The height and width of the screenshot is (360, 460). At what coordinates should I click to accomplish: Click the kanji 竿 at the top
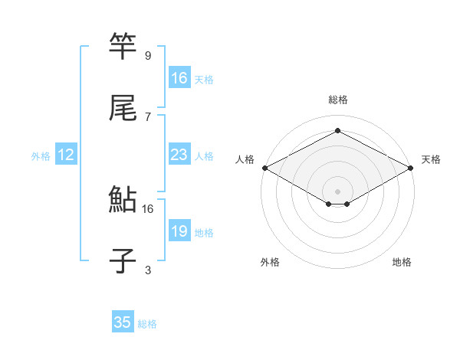[x=123, y=47]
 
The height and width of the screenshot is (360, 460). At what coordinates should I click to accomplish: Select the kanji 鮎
[x=123, y=200]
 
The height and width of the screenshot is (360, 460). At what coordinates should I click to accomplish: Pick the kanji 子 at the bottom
[x=123, y=261]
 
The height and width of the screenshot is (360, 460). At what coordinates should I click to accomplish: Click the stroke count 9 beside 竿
[x=148, y=55]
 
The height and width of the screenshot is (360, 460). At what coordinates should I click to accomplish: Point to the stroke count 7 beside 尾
[x=148, y=116]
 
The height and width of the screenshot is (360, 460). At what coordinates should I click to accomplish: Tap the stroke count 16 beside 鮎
[x=148, y=208]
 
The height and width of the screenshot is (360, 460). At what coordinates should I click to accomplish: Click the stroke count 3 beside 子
[x=148, y=270]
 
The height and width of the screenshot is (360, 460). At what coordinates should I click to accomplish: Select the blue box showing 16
[x=179, y=78]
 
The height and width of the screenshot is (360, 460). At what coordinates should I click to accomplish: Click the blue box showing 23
[x=179, y=155]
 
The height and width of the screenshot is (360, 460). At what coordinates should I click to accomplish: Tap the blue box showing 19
[x=179, y=231]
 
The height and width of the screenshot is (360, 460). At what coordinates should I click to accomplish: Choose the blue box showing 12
[x=66, y=155]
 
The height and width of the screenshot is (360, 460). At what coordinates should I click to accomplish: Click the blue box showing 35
[x=123, y=322]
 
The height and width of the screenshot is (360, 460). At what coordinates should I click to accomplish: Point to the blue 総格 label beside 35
[x=147, y=324]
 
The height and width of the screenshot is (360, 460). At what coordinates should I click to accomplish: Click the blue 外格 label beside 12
[x=41, y=156]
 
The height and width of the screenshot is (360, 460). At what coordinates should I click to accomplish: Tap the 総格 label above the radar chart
[x=337, y=100]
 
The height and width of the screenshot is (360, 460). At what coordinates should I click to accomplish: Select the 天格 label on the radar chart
[x=431, y=159]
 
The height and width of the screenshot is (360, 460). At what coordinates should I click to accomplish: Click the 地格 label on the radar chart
[x=402, y=262]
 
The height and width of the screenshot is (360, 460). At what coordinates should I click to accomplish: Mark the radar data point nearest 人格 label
[x=264, y=168]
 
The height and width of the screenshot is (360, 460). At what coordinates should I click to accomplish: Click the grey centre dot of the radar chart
[x=337, y=190]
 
